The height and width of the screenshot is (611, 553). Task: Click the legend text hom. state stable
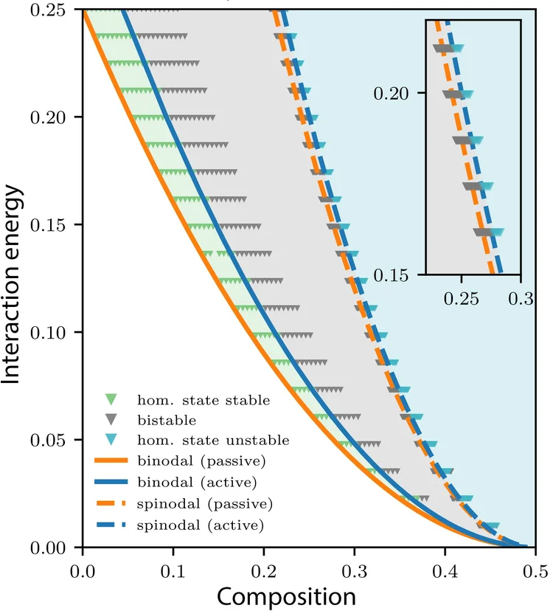click(x=204, y=401)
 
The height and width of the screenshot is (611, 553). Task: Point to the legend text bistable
click(x=166, y=421)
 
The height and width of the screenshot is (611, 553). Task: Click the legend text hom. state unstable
click(x=213, y=441)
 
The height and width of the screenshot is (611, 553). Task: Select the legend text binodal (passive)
click(x=201, y=462)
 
